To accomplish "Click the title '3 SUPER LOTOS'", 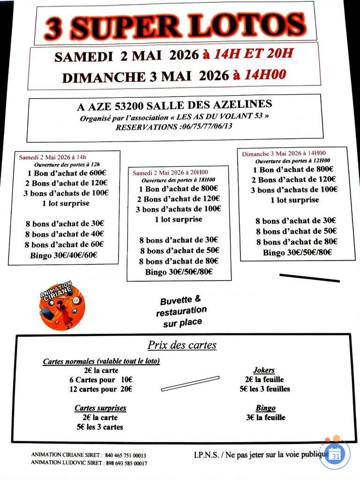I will click(174, 25).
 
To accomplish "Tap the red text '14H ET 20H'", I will click(254, 54).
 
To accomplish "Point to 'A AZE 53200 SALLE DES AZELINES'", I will click(174, 106).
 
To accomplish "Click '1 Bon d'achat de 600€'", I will click(67, 172).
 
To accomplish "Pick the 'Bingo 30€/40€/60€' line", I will click(67, 255).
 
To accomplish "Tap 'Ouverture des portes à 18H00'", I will click(179, 180).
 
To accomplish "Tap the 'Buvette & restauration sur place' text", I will click(181, 311).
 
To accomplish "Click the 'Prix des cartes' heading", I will click(182, 345).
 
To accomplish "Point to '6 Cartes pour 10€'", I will click(101, 380).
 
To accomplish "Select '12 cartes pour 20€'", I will click(100, 389).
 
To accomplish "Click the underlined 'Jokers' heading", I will click(264, 370).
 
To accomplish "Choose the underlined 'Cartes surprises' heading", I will click(100, 408).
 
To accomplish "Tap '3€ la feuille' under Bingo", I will click(265, 417).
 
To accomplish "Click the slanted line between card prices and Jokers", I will click(190, 383).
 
